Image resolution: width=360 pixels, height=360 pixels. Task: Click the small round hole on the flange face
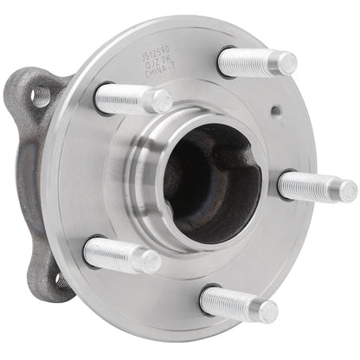click(275, 111)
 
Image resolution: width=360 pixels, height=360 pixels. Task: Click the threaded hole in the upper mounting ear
click(41, 94)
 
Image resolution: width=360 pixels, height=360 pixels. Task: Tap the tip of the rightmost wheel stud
click(345, 190)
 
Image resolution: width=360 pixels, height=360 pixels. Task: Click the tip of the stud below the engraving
click(161, 102)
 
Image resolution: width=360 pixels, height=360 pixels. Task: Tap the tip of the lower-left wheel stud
click(151, 260)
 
